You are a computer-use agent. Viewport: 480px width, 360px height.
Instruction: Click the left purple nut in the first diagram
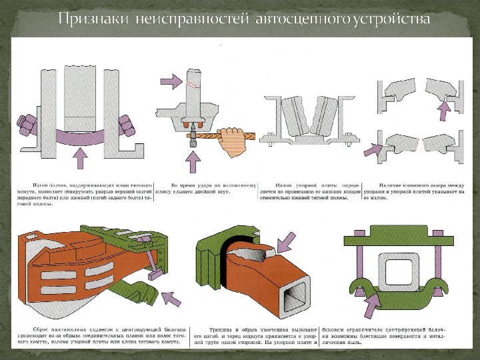[x=29, y=125]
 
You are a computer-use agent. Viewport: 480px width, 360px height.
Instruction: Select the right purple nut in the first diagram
[x=125, y=125]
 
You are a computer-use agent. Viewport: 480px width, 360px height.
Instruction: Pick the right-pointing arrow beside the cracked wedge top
[x=170, y=81]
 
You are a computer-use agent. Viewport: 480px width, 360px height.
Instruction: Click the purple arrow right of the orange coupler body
[x=172, y=297]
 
